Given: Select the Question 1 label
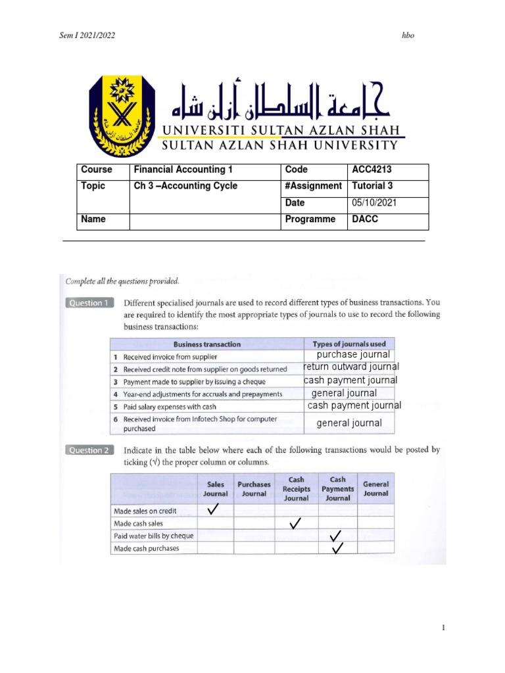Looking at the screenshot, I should (89, 303).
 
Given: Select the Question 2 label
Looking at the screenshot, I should (89, 450).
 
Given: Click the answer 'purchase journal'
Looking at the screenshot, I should (353, 355).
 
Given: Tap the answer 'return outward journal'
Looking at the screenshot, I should (351, 367).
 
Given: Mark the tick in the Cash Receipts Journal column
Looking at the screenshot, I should (295, 523).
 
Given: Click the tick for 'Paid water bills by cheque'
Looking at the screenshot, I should (336, 536).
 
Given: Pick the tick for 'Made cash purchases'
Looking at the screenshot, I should (338, 548).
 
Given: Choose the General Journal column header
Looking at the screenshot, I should (375, 488).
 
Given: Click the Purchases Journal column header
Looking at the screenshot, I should (254, 488).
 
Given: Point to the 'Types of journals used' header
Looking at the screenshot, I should (349, 344).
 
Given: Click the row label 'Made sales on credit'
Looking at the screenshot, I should (145, 511).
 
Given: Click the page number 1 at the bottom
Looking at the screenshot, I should (445, 628).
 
